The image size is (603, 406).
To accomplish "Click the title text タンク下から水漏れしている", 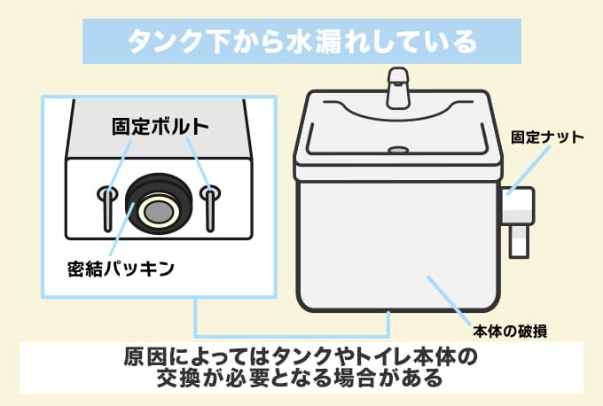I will (x=301, y=41).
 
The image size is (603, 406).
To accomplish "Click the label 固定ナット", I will (x=548, y=137).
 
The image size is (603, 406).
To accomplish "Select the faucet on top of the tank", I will (x=398, y=87).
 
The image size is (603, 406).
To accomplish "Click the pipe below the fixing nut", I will (x=517, y=239).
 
